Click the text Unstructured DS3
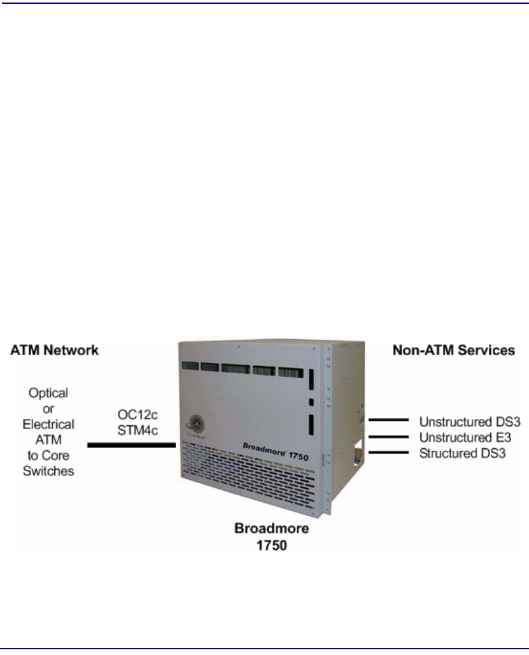[x=461, y=421]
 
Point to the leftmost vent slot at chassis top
[x=188, y=368]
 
